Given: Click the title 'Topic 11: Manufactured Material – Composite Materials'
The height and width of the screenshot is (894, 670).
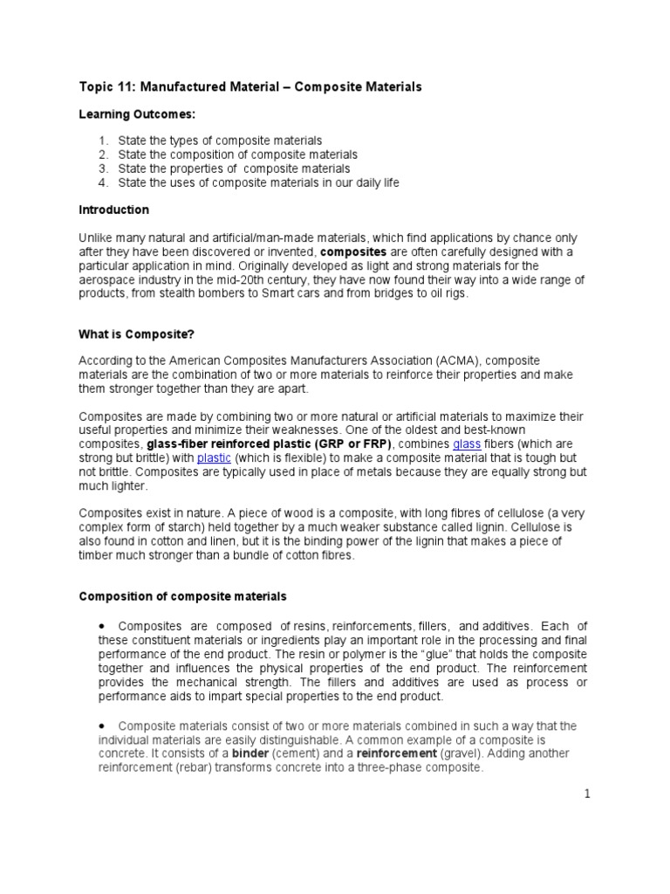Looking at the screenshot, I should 250,87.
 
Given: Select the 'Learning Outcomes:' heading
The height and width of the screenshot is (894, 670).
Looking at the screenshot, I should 137,115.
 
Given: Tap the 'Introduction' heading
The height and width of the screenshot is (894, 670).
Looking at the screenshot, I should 113,210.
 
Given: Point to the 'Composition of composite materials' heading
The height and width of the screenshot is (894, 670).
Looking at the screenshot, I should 182,597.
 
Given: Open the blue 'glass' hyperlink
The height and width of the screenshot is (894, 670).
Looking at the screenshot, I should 467,444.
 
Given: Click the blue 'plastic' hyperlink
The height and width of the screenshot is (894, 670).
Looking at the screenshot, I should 214,458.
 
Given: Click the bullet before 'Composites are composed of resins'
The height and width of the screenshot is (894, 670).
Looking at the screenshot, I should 102,627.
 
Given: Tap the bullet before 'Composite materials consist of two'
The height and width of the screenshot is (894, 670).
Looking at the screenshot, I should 102,726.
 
